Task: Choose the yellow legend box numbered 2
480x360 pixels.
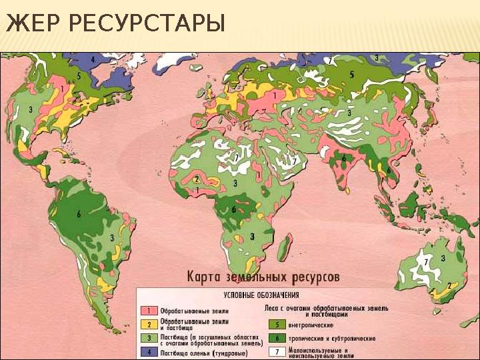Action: coord(151,325)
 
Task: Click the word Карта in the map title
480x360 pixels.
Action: coord(205,275)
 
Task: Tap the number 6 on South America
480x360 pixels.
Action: coord(79,214)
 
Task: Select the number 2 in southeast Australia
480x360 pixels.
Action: coord(449,285)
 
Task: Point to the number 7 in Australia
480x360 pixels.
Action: coord(427,262)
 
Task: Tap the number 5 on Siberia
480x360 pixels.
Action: coord(351,75)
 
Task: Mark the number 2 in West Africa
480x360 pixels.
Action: coord(197,179)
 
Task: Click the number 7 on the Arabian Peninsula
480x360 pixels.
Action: coord(293,161)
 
